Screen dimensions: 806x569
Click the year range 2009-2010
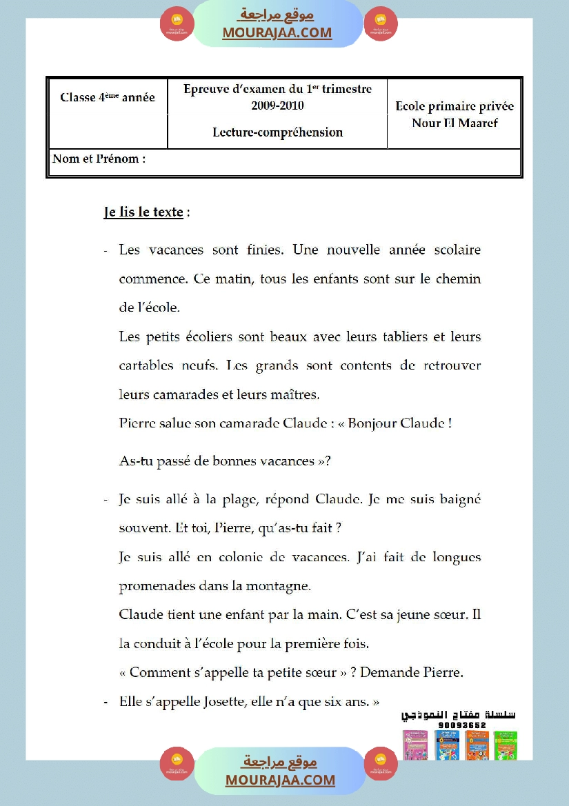(x=277, y=105)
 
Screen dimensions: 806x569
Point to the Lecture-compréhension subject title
(x=277, y=132)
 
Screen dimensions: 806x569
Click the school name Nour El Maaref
(x=455, y=123)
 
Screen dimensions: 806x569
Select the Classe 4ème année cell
(x=108, y=97)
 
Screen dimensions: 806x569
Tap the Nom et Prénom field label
(x=99, y=159)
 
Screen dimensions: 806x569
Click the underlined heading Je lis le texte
(x=143, y=212)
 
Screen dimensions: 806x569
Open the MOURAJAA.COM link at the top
(x=277, y=32)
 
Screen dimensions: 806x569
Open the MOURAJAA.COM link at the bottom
(x=280, y=780)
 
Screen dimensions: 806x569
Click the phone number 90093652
(x=461, y=725)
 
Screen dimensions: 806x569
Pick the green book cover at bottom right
(x=507, y=745)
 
